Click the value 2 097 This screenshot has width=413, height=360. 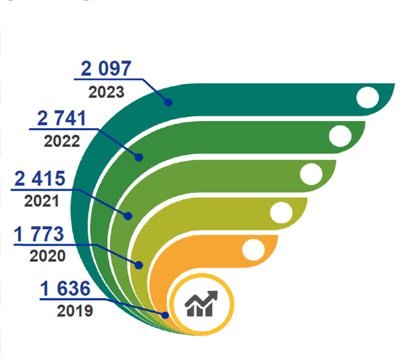pyautogui.click(x=105, y=69)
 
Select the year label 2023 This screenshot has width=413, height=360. pyautogui.click(x=106, y=92)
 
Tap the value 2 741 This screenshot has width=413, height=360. pyautogui.click(x=62, y=119)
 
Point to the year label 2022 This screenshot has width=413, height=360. pyautogui.click(x=62, y=141)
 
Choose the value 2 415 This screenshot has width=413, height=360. pyautogui.click(x=40, y=179)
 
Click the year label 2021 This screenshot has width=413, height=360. pyautogui.click(x=41, y=200)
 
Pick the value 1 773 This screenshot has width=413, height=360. pyautogui.click(x=39, y=235)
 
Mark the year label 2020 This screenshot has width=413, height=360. pyautogui.click(x=47, y=255)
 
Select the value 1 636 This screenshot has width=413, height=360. pyautogui.click(x=65, y=289)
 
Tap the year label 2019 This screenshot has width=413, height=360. pyautogui.click(x=75, y=311)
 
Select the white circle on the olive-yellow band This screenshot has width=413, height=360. pyautogui.click(x=282, y=212)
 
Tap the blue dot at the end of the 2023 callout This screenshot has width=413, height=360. pyautogui.click(x=168, y=102)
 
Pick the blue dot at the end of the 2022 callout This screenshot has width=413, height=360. pyautogui.click(x=139, y=157)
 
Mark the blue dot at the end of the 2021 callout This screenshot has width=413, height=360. pyautogui.click(x=128, y=216)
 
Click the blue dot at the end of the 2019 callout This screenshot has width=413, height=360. pyautogui.click(x=166, y=315)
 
